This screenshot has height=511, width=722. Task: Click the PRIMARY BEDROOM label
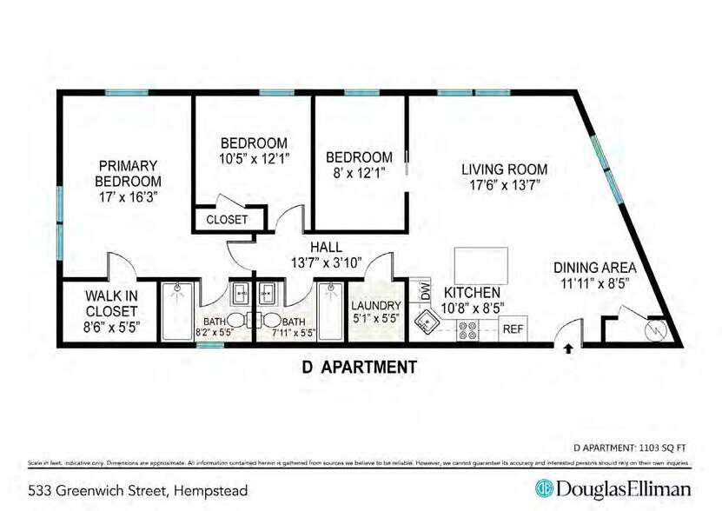click(x=127, y=173)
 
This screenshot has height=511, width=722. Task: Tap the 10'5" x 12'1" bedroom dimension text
click(x=253, y=158)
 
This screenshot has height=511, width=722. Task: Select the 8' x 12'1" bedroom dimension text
click(x=359, y=172)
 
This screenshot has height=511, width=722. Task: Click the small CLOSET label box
click(x=227, y=220)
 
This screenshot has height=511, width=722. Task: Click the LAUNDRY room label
click(x=376, y=306)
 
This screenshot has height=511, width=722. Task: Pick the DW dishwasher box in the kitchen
click(x=425, y=290)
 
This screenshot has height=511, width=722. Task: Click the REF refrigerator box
click(x=513, y=329)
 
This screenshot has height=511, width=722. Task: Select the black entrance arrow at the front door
click(x=568, y=349)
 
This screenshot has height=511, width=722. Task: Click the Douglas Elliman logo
click(x=613, y=488)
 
